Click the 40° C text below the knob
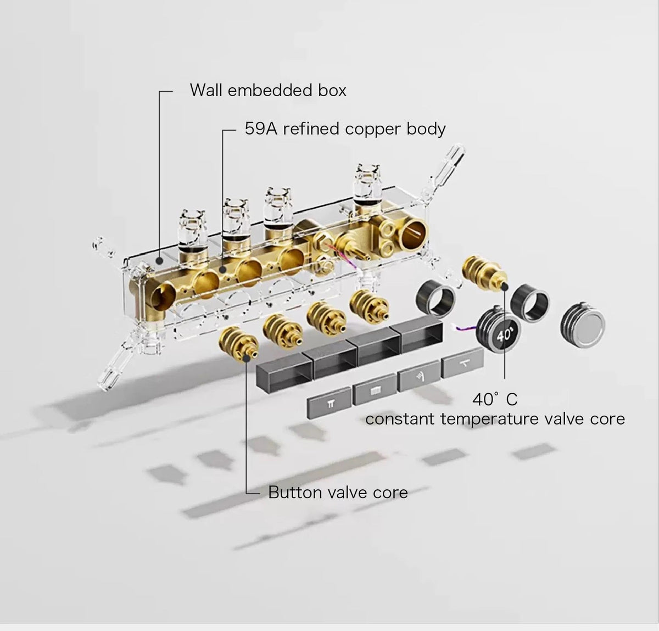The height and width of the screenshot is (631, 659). (x=495, y=399)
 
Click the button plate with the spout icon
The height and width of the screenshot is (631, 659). (x=462, y=363)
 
